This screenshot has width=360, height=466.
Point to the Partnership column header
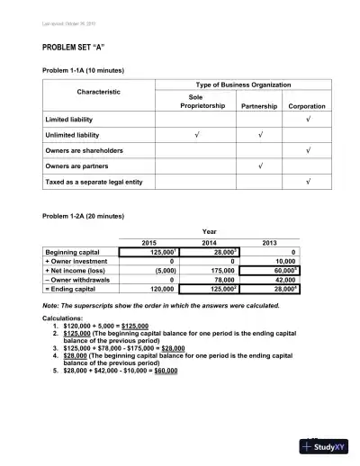point(258,105)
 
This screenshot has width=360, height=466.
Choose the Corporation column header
point(307,105)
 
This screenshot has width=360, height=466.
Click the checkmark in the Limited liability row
point(309,119)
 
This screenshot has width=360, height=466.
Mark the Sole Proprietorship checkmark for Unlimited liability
point(197,134)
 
